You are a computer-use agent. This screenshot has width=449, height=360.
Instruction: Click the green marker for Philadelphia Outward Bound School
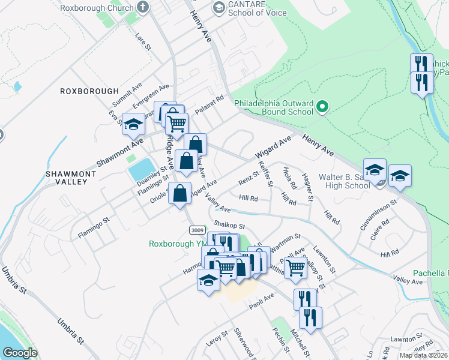point(322,107)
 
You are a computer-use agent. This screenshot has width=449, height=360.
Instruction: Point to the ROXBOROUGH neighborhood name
point(89,91)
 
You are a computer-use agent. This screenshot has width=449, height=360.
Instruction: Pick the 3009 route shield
point(196,230)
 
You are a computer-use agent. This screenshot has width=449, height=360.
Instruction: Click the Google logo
point(20,352)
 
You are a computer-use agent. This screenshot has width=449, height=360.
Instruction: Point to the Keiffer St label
point(265,173)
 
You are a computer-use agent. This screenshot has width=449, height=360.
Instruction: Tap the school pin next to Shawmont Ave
point(134,124)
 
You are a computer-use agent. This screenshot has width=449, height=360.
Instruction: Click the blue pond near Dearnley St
point(141,169)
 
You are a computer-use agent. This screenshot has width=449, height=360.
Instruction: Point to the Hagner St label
point(308,187)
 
